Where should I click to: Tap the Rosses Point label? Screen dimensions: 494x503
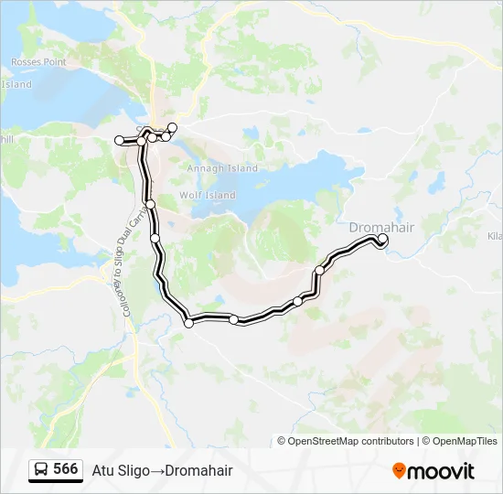[38, 62]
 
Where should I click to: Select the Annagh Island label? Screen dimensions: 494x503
[222, 168]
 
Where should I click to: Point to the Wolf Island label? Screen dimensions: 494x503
[208, 195]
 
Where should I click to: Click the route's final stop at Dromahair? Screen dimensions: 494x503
[382, 240]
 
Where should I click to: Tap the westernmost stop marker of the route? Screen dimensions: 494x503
[119, 140]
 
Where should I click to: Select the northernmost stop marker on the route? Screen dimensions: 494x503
[172, 125]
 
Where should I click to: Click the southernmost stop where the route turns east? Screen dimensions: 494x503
[189, 322]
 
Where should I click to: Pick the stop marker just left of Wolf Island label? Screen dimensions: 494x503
[150, 203]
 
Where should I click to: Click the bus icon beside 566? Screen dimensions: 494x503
[42, 469]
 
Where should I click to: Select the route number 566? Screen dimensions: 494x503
[66, 469]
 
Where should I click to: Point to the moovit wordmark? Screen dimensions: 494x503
[442, 471]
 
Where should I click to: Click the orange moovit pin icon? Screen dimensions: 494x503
[399, 470]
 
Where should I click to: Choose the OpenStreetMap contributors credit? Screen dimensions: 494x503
[351, 441]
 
